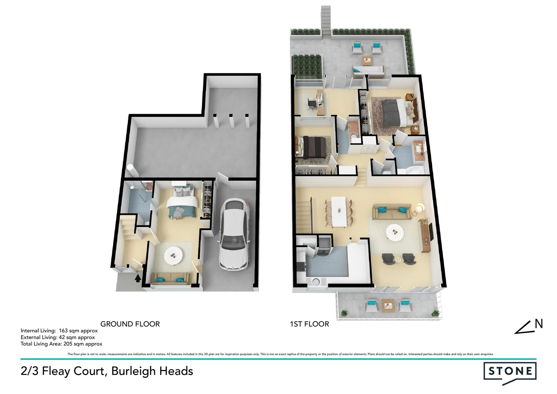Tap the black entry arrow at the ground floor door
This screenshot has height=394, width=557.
tap(138, 279)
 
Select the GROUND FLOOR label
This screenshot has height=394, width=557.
tap(130, 324)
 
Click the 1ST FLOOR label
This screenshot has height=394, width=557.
tap(309, 324)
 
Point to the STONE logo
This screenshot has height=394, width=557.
tap(510, 372)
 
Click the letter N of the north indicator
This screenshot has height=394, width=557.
tap(538, 324)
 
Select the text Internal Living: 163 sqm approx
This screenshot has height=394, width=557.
tap(59, 331)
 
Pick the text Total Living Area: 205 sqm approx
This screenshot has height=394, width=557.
tap(61, 344)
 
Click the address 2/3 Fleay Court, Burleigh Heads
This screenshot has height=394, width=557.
tap(107, 371)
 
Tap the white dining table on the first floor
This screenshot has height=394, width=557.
tap(339, 211)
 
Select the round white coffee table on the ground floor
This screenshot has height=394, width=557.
tap(174, 255)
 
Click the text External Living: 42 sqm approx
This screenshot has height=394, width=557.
tap(58, 337)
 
